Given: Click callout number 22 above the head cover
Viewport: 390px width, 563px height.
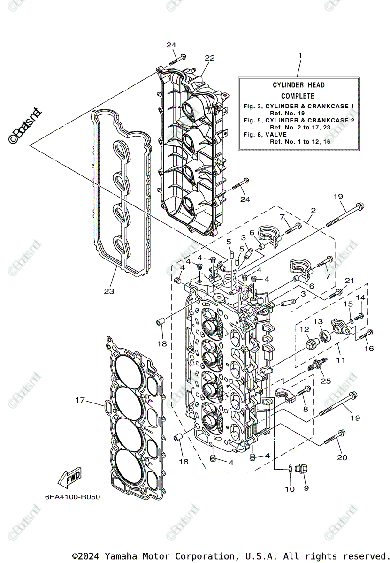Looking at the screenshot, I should pos(209,58).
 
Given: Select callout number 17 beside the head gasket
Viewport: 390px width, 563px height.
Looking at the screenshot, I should pos(80,400).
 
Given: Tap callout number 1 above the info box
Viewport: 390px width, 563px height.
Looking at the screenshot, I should pos(300,55).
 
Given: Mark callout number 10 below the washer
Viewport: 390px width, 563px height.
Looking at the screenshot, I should pos(290,489).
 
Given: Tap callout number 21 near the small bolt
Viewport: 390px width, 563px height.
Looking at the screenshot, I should pos(349,281).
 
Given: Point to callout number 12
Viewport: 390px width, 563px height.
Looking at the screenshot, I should pos(304,330).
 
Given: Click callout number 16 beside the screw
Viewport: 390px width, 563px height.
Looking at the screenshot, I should pos(369,349).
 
